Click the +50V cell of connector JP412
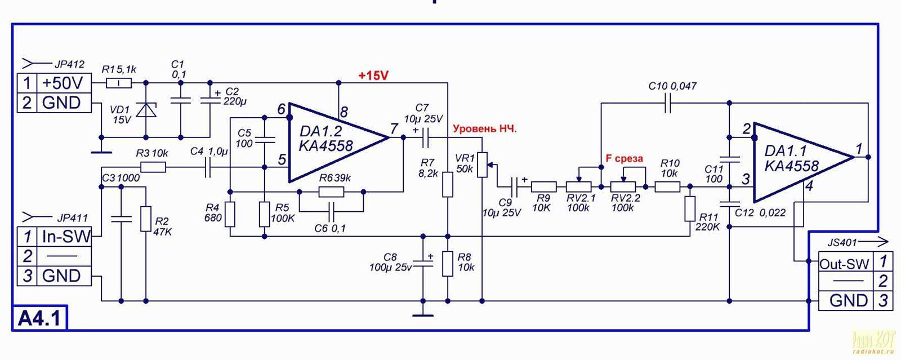[x=63, y=83]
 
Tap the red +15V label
[x=373, y=75]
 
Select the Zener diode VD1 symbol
[x=146, y=110]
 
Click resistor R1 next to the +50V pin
[x=119, y=83]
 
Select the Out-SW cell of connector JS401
[x=844, y=264]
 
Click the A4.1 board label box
[x=39, y=318]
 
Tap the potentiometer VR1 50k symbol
[x=483, y=165]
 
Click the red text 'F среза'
[x=624, y=159]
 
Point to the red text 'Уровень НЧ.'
[x=484, y=129]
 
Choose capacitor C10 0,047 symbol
[x=668, y=103]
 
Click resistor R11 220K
[x=690, y=208]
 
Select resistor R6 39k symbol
[x=331, y=192]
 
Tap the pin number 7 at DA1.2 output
[x=394, y=129]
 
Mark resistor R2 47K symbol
[x=146, y=219]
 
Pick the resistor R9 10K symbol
[x=543, y=186]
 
